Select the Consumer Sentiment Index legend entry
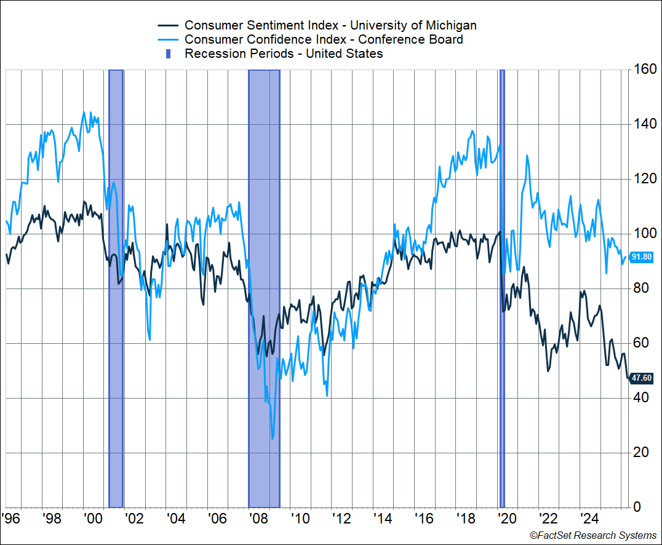click(x=330, y=25)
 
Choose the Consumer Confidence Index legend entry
click(x=324, y=39)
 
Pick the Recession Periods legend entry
click(x=284, y=54)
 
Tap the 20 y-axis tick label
click(x=640, y=453)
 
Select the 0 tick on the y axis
click(x=637, y=507)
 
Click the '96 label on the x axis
click(x=12, y=518)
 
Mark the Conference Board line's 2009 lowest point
click(x=272, y=439)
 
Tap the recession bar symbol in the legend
click(x=168, y=54)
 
